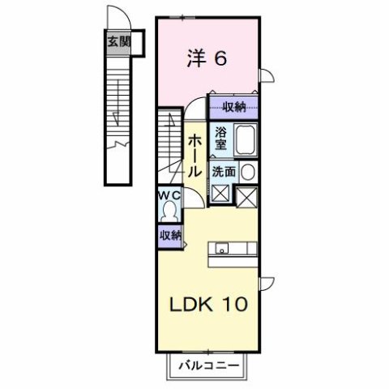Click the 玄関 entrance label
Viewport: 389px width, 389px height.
[x=119, y=42]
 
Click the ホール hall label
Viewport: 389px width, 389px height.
[x=195, y=157]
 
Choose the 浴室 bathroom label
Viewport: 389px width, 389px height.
[x=220, y=139]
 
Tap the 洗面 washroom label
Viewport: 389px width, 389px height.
[x=224, y=171]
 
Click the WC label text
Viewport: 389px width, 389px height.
[x=169, y=197]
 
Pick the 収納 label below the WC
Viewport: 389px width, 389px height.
[x=169, y=235]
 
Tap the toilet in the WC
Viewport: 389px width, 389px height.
[x=169, y=212]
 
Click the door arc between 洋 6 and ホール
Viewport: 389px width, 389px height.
[x=197, y=107]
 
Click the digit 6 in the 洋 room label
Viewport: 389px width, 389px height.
[x=220, y=59]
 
